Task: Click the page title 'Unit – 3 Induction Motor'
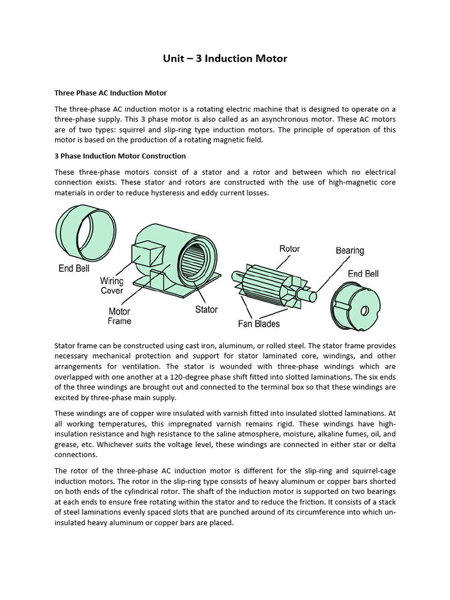click(224, 59)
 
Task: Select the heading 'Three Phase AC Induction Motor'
click(111, 93)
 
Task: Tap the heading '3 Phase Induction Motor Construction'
click(120, 156)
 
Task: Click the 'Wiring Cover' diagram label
click(111, 285)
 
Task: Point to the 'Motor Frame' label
click(120, 316)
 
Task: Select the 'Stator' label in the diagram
click(206, 309)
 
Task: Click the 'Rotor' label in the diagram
click(289, 248)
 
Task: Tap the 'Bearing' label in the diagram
click(350, 250)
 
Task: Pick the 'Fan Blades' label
click(258, 323)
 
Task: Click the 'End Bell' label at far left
click(74, 269)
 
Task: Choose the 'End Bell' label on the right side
click(363, 274)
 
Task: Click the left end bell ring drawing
click(86, 231)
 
